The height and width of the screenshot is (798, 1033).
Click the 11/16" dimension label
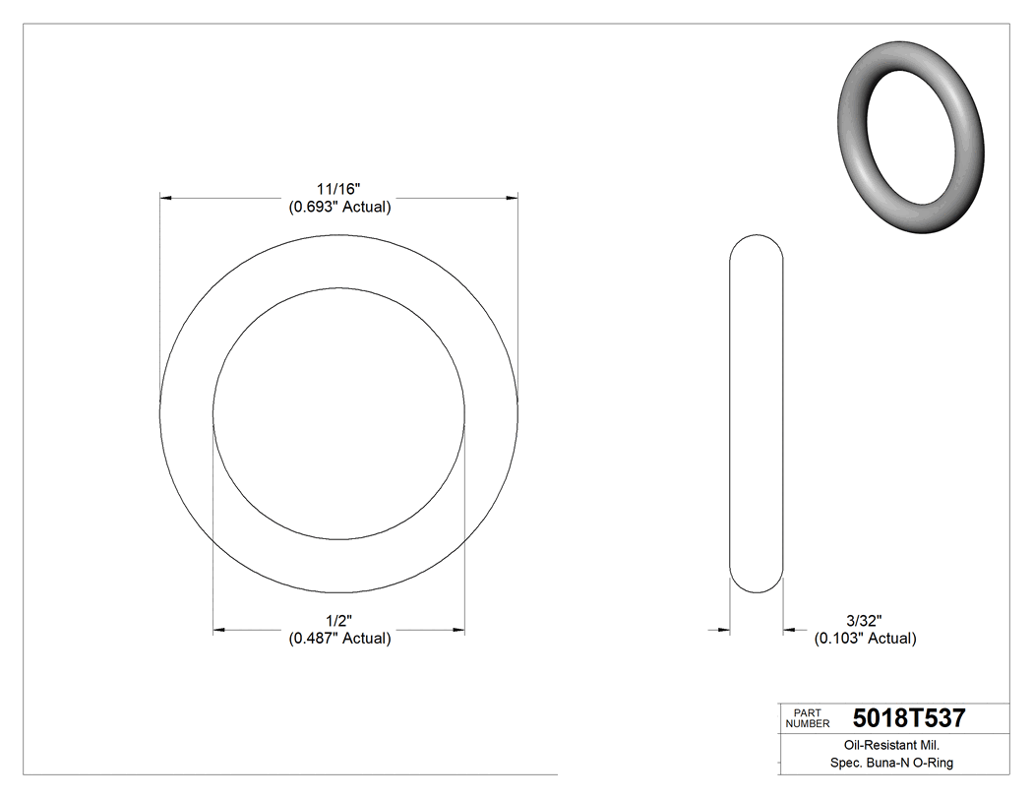pyautogui.click(x=338, y=188)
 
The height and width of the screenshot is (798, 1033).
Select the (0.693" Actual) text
pyautogui.click(x=339, y=208)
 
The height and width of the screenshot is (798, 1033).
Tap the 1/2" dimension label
pyautogui.click(x=338, y=620)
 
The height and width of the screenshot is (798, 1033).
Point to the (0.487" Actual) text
pyautogui.click(x=339, y=639)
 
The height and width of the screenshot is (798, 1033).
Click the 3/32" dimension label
pyautogui.click(x=864, y=620)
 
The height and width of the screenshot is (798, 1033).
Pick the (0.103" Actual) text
pyautogui.click(x=865, y=639)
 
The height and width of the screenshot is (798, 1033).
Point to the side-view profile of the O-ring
pyautogui.click(x=756, y=413)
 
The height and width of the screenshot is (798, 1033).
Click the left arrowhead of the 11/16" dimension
pyautogui.click(x=166, y=199)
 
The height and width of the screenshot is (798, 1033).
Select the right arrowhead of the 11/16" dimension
pyautogui.click(x=512, y=199)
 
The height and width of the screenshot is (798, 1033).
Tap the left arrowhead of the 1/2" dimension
pyautogui.click(x=219, y=630)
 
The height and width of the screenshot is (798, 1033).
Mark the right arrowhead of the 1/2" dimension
pyautogui.click(x=458, y=630)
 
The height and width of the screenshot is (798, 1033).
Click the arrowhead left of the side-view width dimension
pyautogui.click(x=722, y=630)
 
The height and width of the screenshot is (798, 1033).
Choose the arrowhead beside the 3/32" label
pyautogui.click(x=789, y=630)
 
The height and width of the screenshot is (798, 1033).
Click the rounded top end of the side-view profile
pyautogui.click(x=756, y=241)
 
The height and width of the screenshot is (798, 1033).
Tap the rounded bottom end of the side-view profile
pyautogui.click(x=756, y=586)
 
